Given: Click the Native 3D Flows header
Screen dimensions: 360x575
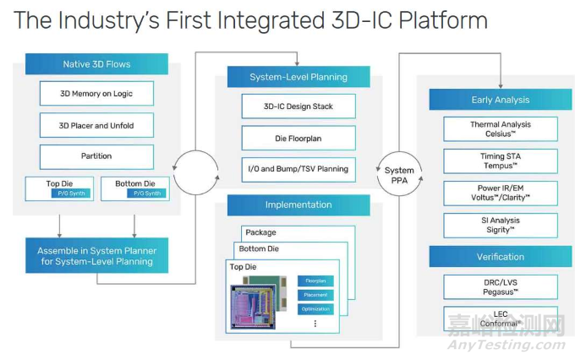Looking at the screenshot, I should (x=96, y=64).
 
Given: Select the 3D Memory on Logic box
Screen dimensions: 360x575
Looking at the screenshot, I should (x=96, y=94).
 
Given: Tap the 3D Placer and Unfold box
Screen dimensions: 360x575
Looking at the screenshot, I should (x=96, y=126).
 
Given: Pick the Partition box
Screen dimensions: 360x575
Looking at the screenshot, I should (x=96, y=157).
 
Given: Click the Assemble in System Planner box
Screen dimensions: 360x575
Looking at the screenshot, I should (x=96, y=255).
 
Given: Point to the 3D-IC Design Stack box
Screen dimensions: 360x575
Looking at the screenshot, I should (x=298, y=106).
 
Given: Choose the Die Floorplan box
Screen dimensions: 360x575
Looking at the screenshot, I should (x=298, y=138).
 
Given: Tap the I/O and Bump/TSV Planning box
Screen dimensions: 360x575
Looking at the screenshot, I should (x=298, y=169).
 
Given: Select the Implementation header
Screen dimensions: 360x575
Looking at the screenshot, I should (x=298, y=205).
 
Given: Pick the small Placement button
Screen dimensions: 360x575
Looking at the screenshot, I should (x=315, y=295).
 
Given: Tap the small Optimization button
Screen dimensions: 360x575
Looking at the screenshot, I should (x=315, y=309).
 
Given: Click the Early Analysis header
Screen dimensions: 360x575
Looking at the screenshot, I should (x=500, y=100).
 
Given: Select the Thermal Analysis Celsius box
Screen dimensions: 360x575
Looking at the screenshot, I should (x=501, y=129).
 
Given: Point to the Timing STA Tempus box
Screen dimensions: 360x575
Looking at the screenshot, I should (x=501, y=161).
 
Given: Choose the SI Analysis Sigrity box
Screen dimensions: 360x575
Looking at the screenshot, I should (x=501, y=225).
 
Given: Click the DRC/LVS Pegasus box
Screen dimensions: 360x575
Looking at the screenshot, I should (x=501, y=287).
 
